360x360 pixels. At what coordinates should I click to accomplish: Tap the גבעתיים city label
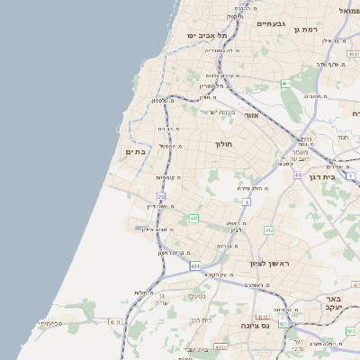coord(267,24)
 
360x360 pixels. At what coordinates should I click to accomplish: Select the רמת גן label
coord(307,30)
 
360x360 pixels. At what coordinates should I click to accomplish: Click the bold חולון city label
coord(223,144)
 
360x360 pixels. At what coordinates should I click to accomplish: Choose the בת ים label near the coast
coord(136,151)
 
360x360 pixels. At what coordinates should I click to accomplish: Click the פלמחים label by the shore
coord(51,323)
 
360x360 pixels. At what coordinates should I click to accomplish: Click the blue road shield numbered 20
coord(161,195)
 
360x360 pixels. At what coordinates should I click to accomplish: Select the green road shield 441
coord(193,218)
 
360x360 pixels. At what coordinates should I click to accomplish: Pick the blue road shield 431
coord(195,266)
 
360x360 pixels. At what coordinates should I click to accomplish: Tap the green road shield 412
coord(268,230)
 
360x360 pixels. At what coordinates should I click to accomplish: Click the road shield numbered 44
coord(296,175)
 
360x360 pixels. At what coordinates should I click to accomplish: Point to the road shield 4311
coord(114,321)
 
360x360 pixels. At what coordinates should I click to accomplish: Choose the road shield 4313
coord(262,317)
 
